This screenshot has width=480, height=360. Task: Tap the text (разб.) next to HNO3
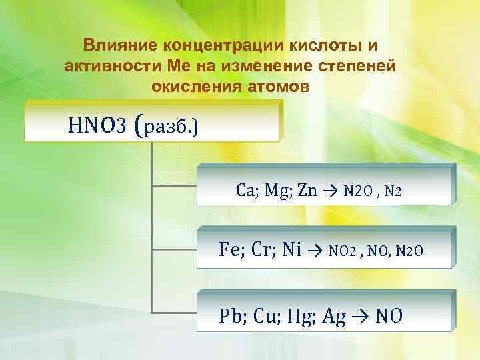[x=165, y=124]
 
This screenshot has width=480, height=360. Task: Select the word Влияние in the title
[x=117, y=45]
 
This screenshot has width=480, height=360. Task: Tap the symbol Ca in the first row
[x=244, y=191]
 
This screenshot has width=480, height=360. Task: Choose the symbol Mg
[x=274, y=191]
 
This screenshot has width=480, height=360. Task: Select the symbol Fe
[x=229, y=250]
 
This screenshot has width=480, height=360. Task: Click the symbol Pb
[x=230, y=316]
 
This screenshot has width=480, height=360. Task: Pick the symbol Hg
[x=297, y=316]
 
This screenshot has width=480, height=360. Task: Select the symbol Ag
[x=333, y=316]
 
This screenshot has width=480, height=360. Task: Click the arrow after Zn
[x=331, y=191]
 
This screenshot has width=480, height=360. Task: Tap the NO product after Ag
[x=389, y=316]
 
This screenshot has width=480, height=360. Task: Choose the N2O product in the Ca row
[x=357, y=191]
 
